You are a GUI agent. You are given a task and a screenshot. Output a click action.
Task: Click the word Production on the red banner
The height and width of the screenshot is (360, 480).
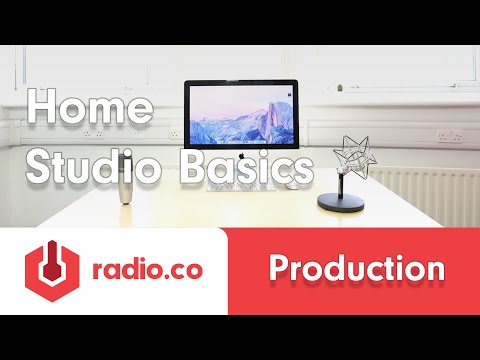click(356, 270)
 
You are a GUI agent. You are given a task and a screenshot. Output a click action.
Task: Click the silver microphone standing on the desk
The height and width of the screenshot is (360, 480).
click(129, 175)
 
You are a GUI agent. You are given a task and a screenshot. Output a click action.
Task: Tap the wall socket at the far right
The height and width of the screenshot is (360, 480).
click(449, 134)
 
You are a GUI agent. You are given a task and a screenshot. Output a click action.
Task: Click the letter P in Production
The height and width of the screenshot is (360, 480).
click(281, 270)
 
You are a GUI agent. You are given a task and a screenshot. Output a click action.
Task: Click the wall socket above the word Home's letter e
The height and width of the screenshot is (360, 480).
click(97, 131)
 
